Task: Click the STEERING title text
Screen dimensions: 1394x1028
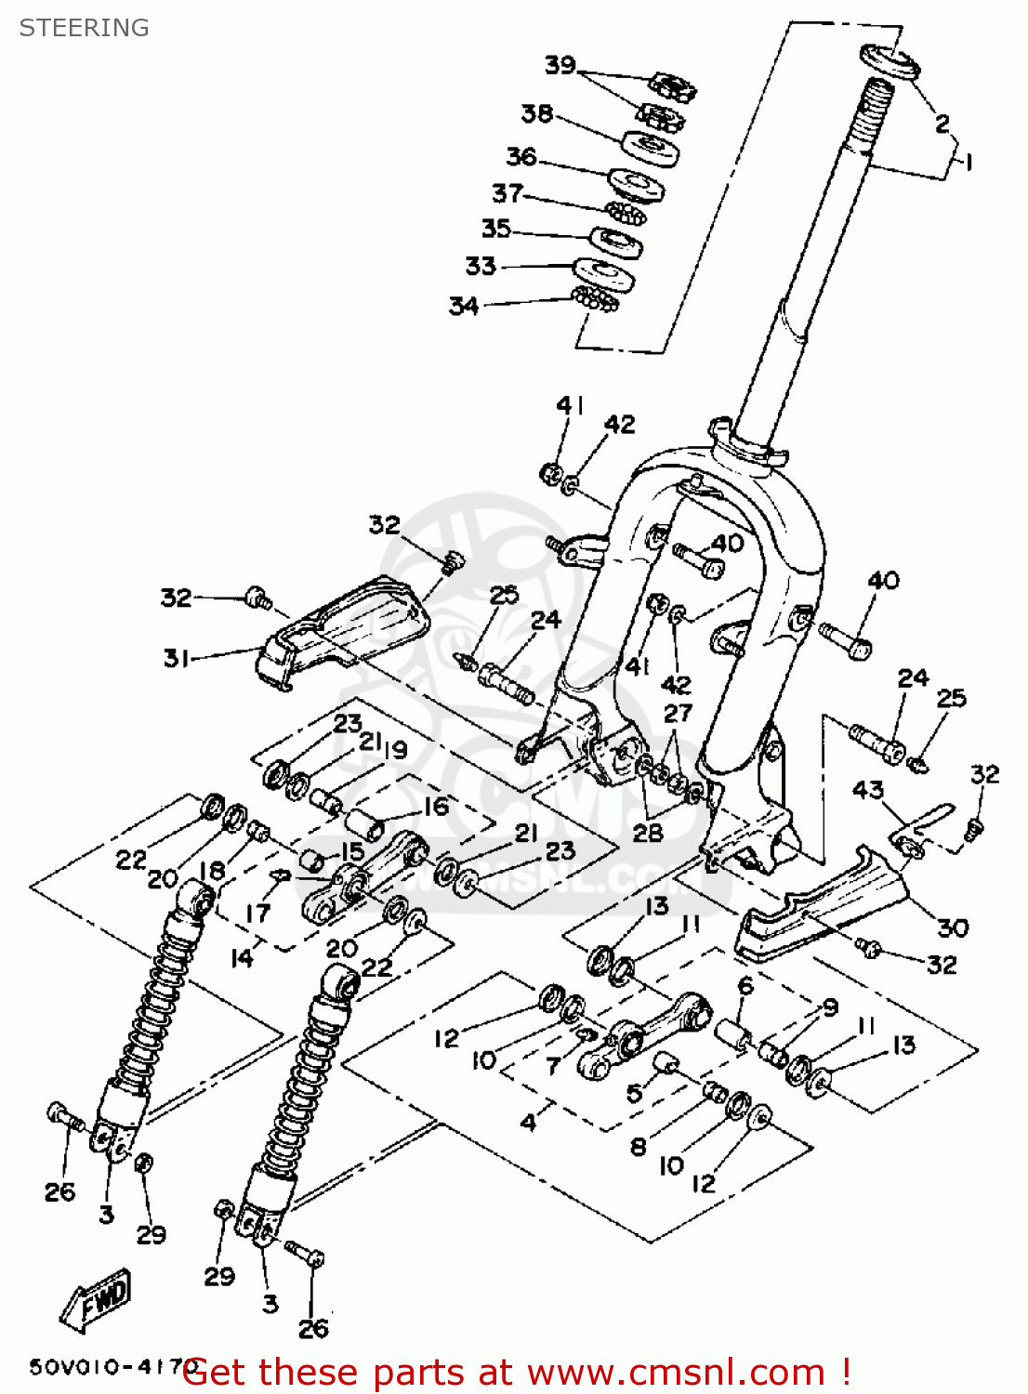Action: pos(84,28)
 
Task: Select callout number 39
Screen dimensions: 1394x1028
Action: pos(560,65)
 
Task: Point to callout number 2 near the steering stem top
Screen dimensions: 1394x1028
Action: pos(942,123)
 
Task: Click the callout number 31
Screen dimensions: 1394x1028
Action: pos(176,658)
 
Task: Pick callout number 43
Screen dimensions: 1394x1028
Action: pos(867,790)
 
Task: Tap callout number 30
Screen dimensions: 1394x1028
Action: pos(953,927)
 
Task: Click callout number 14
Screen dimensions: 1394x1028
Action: pos(241,957)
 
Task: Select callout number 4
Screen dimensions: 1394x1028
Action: pos(528,1122)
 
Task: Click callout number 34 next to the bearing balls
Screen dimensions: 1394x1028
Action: pos(464,306)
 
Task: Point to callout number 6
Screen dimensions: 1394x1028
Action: pos(745,986)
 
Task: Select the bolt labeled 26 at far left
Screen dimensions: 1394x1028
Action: pos(61,1115)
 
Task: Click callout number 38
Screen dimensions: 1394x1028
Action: pos(536,113)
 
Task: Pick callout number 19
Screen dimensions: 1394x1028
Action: pos(395,749)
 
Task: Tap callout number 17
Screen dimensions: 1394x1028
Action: pos(257,913)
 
